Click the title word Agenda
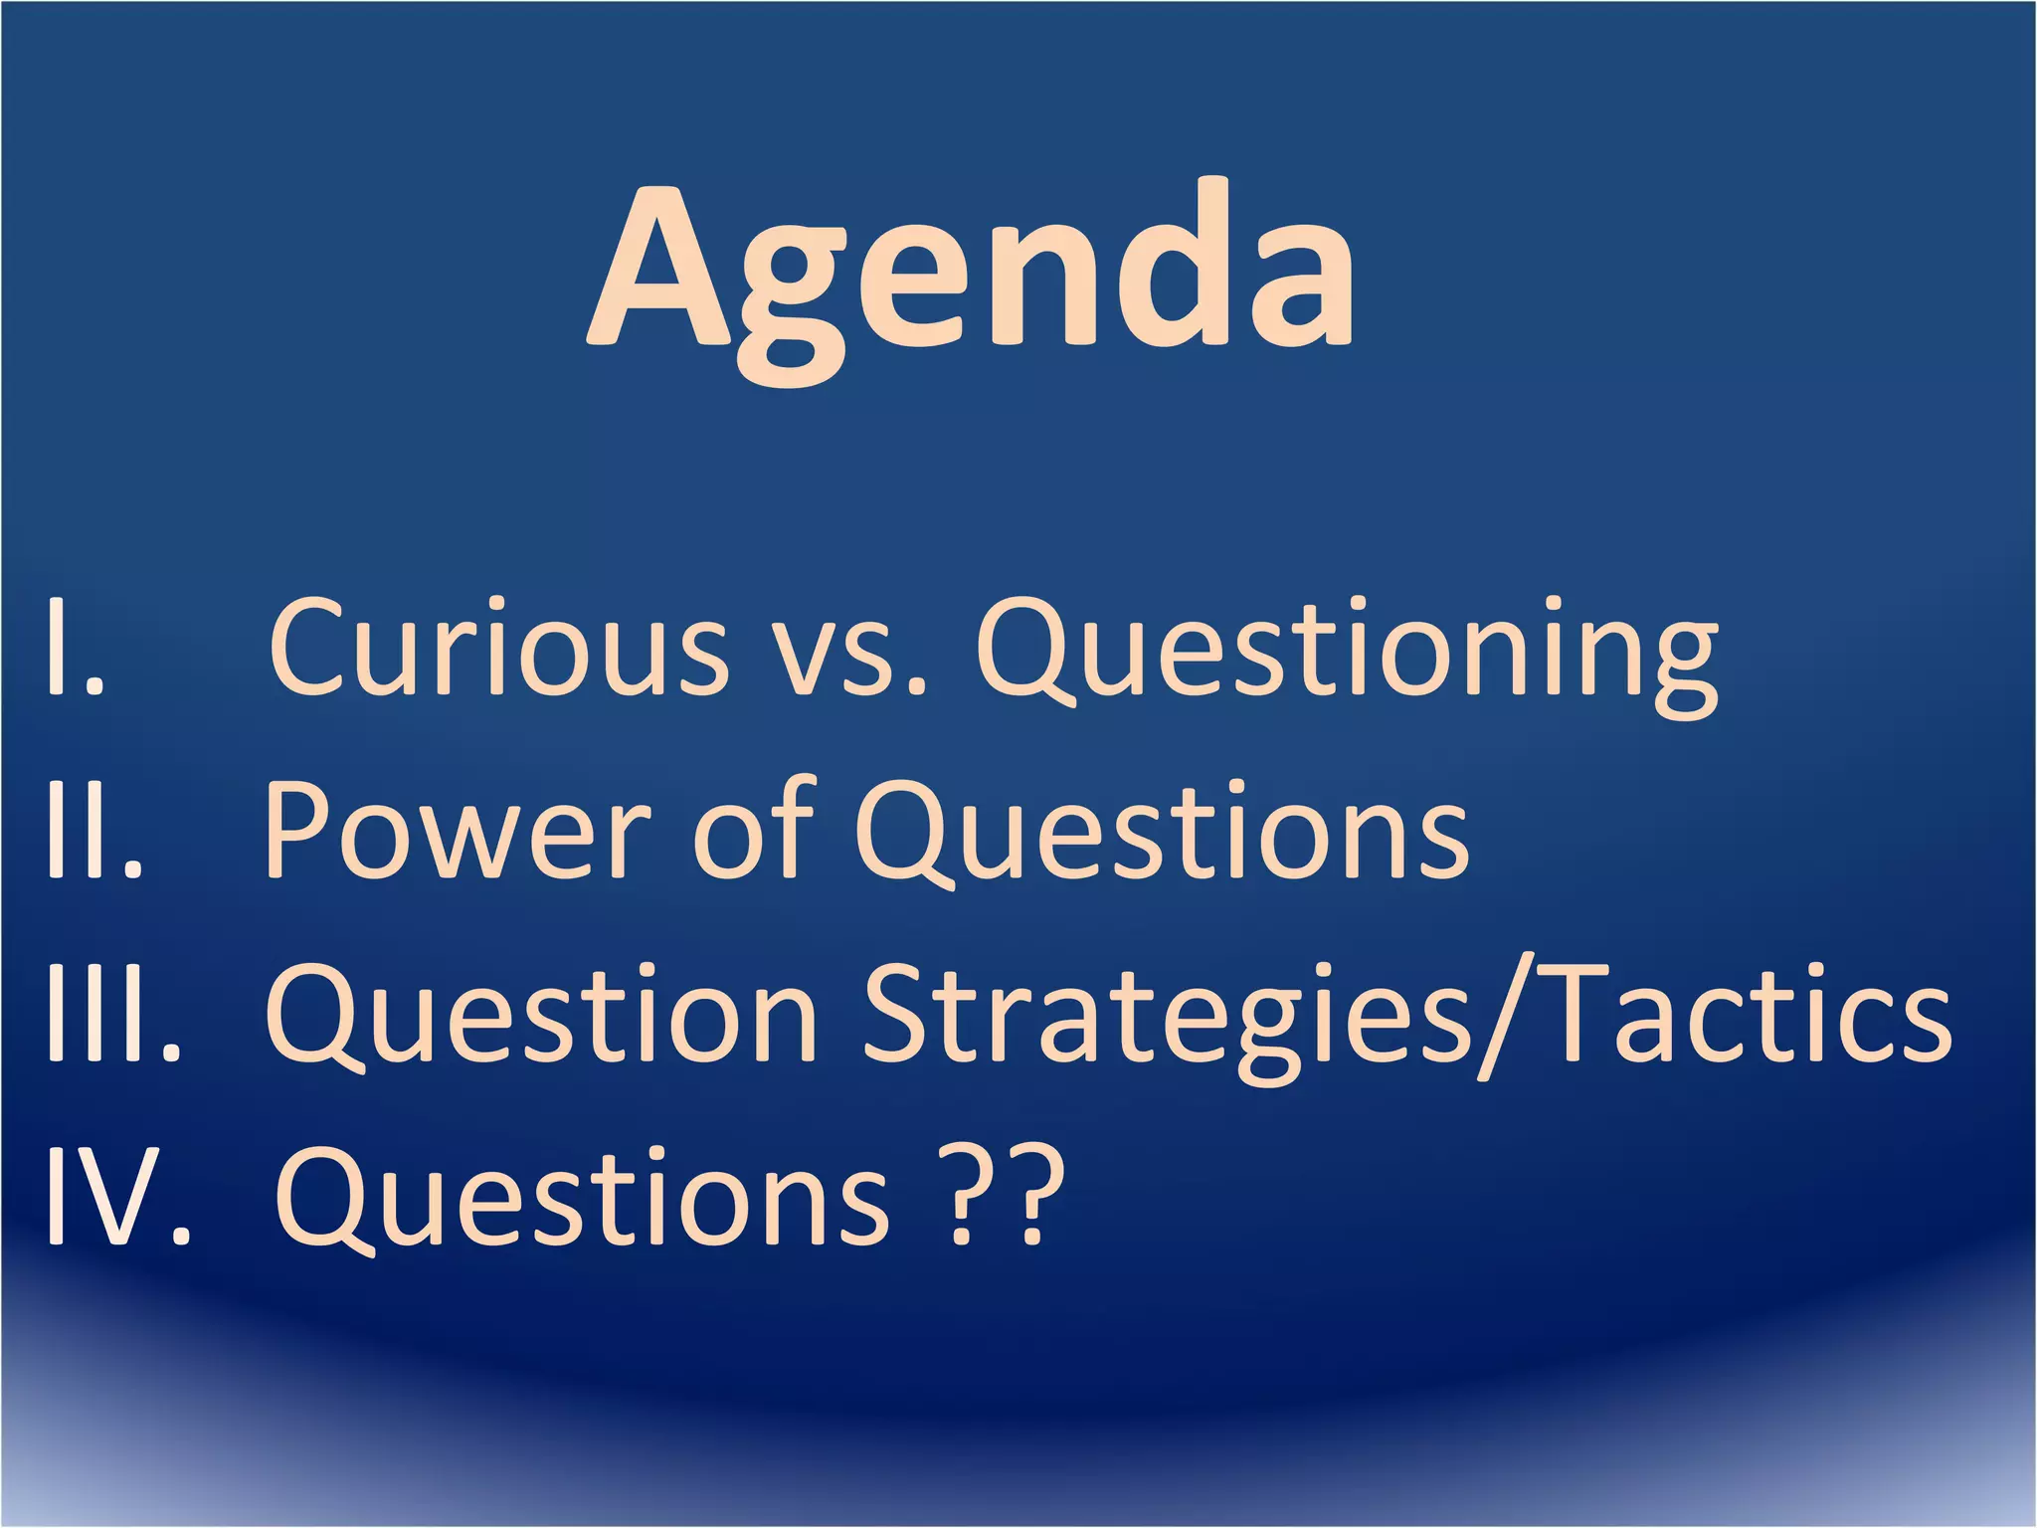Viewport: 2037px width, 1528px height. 970,274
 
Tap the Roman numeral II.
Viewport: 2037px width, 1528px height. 94,831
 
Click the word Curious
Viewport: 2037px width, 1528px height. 497,647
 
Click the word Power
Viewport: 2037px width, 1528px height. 458,831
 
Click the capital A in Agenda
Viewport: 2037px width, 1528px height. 661,269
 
